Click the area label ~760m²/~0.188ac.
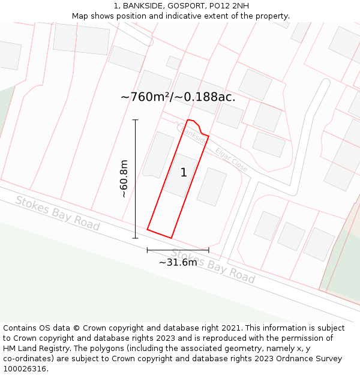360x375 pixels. coord(178,97)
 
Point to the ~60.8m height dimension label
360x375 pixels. coord(124,179)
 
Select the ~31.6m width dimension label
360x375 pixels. coord(178,262)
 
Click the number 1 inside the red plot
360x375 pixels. coord(184,173)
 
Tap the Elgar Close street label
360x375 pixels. coord(232,160)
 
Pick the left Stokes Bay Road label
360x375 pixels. coord(58,212)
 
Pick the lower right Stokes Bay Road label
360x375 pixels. coord(213,266)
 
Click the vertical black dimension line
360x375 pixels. coord(136,179)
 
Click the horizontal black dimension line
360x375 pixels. coord(178,250)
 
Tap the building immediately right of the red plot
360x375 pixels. coord(212,187)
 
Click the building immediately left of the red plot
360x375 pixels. coord(157,155)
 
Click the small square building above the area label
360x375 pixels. coord(173,62)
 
